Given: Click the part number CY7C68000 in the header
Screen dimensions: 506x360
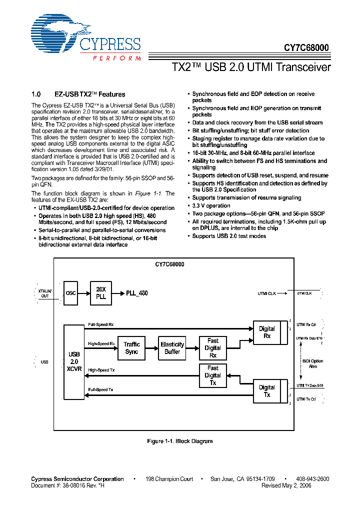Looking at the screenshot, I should point(306,48).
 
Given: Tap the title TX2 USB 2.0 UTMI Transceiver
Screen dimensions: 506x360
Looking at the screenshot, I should point(251,67).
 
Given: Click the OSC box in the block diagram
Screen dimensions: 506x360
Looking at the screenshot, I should point(71,293).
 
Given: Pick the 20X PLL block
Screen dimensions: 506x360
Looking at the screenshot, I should point(101,293).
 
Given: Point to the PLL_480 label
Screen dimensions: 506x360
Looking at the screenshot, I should point(137,293).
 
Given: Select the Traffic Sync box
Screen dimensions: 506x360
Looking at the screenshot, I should point(131,348).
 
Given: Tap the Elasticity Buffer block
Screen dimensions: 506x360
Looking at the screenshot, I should point(172,348).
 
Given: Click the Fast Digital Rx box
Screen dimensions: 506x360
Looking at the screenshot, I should point(212,348).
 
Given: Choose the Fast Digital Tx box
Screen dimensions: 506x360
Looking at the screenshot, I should point(212,375).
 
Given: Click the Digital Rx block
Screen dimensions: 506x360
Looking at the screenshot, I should point(267,332).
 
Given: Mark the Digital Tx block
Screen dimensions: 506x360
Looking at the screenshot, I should point(267,391).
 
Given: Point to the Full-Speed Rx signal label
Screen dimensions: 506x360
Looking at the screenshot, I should point(101,325).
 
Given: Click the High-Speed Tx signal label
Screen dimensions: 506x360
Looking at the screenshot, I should point(101,370).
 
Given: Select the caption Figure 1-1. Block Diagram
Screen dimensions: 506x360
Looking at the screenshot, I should point(180,441).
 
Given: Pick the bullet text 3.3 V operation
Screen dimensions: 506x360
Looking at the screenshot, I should point(211,205).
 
